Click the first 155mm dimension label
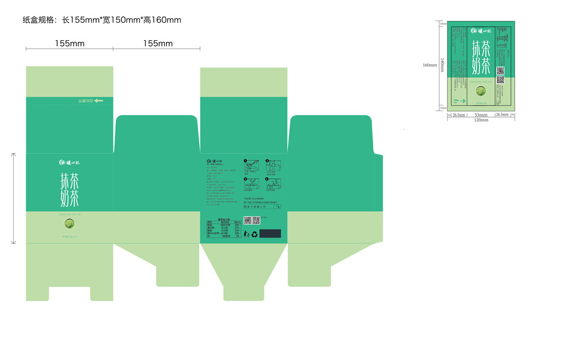coord(70,43)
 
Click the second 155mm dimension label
coord(158,43)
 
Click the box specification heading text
coord(101,20)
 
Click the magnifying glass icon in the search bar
coord(278,207)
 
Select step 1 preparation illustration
coord(252,166)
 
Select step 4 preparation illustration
coord(273,185)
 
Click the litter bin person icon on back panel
coord(247,234)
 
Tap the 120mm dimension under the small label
coord(481,120)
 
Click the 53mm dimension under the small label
coord(481,114)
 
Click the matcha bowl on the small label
coord(481,92)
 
